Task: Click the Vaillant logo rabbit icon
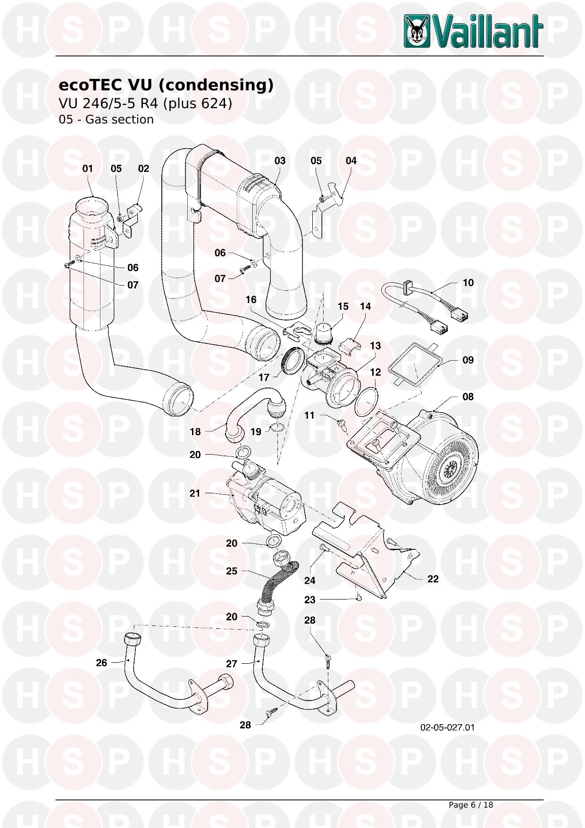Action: pos(417,31)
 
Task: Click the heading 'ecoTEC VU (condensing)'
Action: pos(166,85)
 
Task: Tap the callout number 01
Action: pos(88,169)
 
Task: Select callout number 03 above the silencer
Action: pos(280,161)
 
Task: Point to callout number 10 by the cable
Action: pos(468,283)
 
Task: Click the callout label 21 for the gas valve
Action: pos(195,493)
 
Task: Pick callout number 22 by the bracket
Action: pos(433,579)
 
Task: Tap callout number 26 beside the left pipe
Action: pos(101,663)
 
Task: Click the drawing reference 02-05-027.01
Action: pos(447,727)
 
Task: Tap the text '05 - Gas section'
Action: pos(106,120)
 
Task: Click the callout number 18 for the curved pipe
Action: pos(195,431)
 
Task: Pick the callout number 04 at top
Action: pos(351,161)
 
